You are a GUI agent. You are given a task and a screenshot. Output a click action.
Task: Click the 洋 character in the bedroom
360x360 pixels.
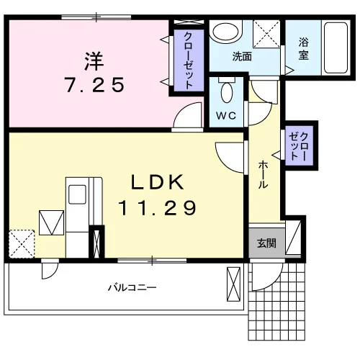click(94, 61)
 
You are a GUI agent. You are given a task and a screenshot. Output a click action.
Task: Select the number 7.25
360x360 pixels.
click(95, 85)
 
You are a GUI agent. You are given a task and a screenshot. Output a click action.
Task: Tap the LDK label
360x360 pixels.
click(158, 182)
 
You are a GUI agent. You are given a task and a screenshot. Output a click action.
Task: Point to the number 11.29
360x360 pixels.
click(158, 208)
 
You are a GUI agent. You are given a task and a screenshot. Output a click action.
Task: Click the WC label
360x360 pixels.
click(226, 116)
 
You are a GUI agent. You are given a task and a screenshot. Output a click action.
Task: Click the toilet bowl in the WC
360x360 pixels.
click(227, 92)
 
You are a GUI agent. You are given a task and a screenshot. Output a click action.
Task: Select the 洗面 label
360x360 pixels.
click(242, 57)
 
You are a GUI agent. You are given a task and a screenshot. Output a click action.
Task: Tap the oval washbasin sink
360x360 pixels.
click(225, 32)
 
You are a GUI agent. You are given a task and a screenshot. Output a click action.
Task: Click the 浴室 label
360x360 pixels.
click(303, 49)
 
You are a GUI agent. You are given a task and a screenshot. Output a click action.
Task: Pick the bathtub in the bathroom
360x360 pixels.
click(336, 48)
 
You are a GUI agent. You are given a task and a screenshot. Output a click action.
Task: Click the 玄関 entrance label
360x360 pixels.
click(266, 243)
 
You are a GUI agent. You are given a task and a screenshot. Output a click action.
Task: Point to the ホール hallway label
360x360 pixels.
click(263, 175)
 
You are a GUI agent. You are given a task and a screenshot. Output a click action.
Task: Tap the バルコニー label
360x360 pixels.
click(132, 287)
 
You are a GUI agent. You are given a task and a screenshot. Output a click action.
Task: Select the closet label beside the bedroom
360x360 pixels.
click(189, 60)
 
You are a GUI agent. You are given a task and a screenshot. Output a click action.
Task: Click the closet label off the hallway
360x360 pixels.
click(300, 145)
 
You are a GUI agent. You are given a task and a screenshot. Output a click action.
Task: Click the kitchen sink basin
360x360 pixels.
click(77, 194)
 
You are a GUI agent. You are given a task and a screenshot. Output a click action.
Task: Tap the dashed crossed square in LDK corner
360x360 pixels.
click(22, 244)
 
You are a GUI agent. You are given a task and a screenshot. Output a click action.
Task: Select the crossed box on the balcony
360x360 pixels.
click(233, 284)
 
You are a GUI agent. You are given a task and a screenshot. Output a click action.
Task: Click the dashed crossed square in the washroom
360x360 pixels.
click(266, 34)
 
